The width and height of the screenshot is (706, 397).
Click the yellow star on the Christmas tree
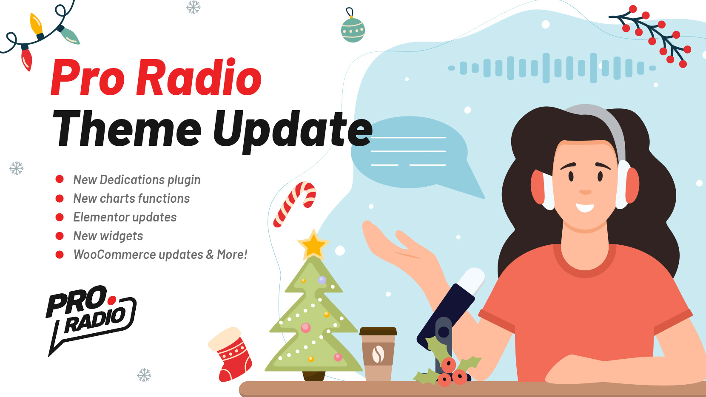313,245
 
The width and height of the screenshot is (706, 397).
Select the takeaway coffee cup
378,354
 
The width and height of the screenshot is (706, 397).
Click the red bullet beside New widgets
60,236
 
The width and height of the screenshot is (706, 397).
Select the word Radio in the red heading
199,77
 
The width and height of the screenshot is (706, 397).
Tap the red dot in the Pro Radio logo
111,301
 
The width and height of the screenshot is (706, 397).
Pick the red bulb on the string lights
26,58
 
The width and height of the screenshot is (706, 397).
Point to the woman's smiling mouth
585,207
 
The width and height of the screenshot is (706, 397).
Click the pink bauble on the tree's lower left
305,328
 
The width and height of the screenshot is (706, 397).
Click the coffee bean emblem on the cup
378,354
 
